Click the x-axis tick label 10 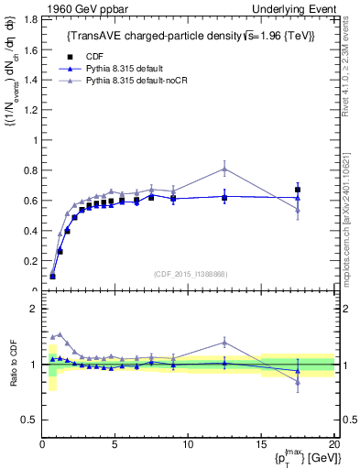point(188,445)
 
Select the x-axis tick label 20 point(333,445)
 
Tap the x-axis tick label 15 point(261,445)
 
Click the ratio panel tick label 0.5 point(30,420)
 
